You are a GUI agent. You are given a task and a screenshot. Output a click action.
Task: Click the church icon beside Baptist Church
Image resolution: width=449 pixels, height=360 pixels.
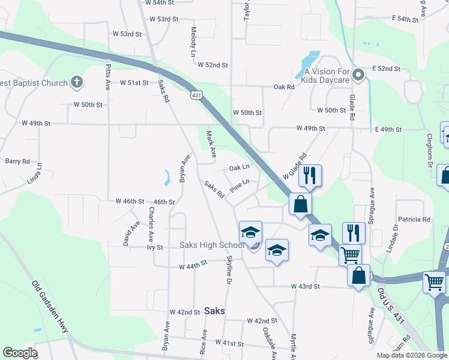tap(77, 82)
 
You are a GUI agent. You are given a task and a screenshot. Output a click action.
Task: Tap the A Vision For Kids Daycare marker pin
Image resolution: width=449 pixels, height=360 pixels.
tap(358, 75)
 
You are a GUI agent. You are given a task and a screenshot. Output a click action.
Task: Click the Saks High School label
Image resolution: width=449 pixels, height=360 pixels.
tap(212, 245)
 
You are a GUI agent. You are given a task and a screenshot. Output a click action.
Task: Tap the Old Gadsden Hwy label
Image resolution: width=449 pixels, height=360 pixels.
tap(49, 308)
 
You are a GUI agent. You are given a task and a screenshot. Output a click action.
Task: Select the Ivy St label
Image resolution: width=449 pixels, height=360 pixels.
tap(155, 247)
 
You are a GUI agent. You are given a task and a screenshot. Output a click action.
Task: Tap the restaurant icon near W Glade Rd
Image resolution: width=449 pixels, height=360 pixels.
tap(310, 175)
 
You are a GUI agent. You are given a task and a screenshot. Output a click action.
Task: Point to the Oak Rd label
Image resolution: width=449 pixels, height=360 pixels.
tap(284, 87)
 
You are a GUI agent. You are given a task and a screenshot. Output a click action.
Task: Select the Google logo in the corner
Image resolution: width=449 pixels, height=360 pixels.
tap(20, 353)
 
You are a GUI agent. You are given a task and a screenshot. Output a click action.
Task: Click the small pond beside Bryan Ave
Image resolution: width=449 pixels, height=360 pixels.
tap(166, 177)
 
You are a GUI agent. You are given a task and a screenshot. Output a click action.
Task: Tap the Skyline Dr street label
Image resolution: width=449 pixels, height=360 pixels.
tap(229, 268)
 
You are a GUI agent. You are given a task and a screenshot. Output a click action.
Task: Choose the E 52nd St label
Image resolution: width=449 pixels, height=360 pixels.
tap(385, 68)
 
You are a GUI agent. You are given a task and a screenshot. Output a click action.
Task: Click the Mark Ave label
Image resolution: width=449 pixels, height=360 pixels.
tap(211, 145)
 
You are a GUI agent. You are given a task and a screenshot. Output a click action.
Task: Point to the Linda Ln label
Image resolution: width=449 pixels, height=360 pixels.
tap(35, 173)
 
